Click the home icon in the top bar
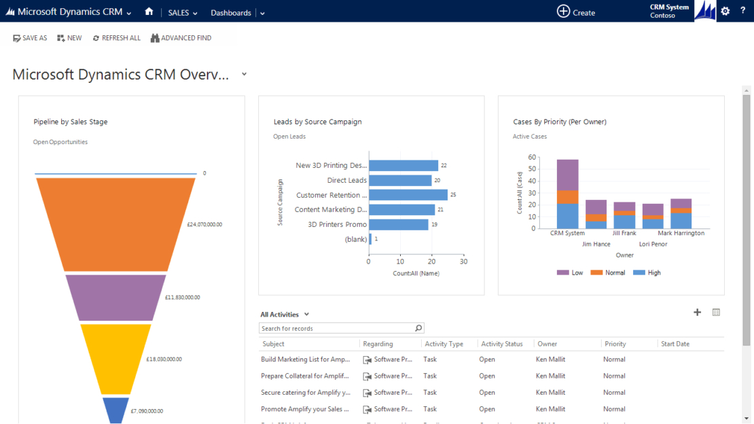coord(149,12)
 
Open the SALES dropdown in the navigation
coord(183,13)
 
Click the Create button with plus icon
coord(576,12)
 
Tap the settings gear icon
coord(725,12)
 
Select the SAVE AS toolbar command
coord(30,38)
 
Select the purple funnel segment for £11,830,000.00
coord(115,297)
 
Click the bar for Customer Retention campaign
coord(408,195)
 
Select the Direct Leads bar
coord(400,180)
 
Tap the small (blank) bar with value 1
coord(370,239)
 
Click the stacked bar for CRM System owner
coord(567,194)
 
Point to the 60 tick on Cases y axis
coord(532,157)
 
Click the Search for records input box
coord(336,328)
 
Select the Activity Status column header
coord(501,344)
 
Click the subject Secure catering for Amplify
coord(305,393)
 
